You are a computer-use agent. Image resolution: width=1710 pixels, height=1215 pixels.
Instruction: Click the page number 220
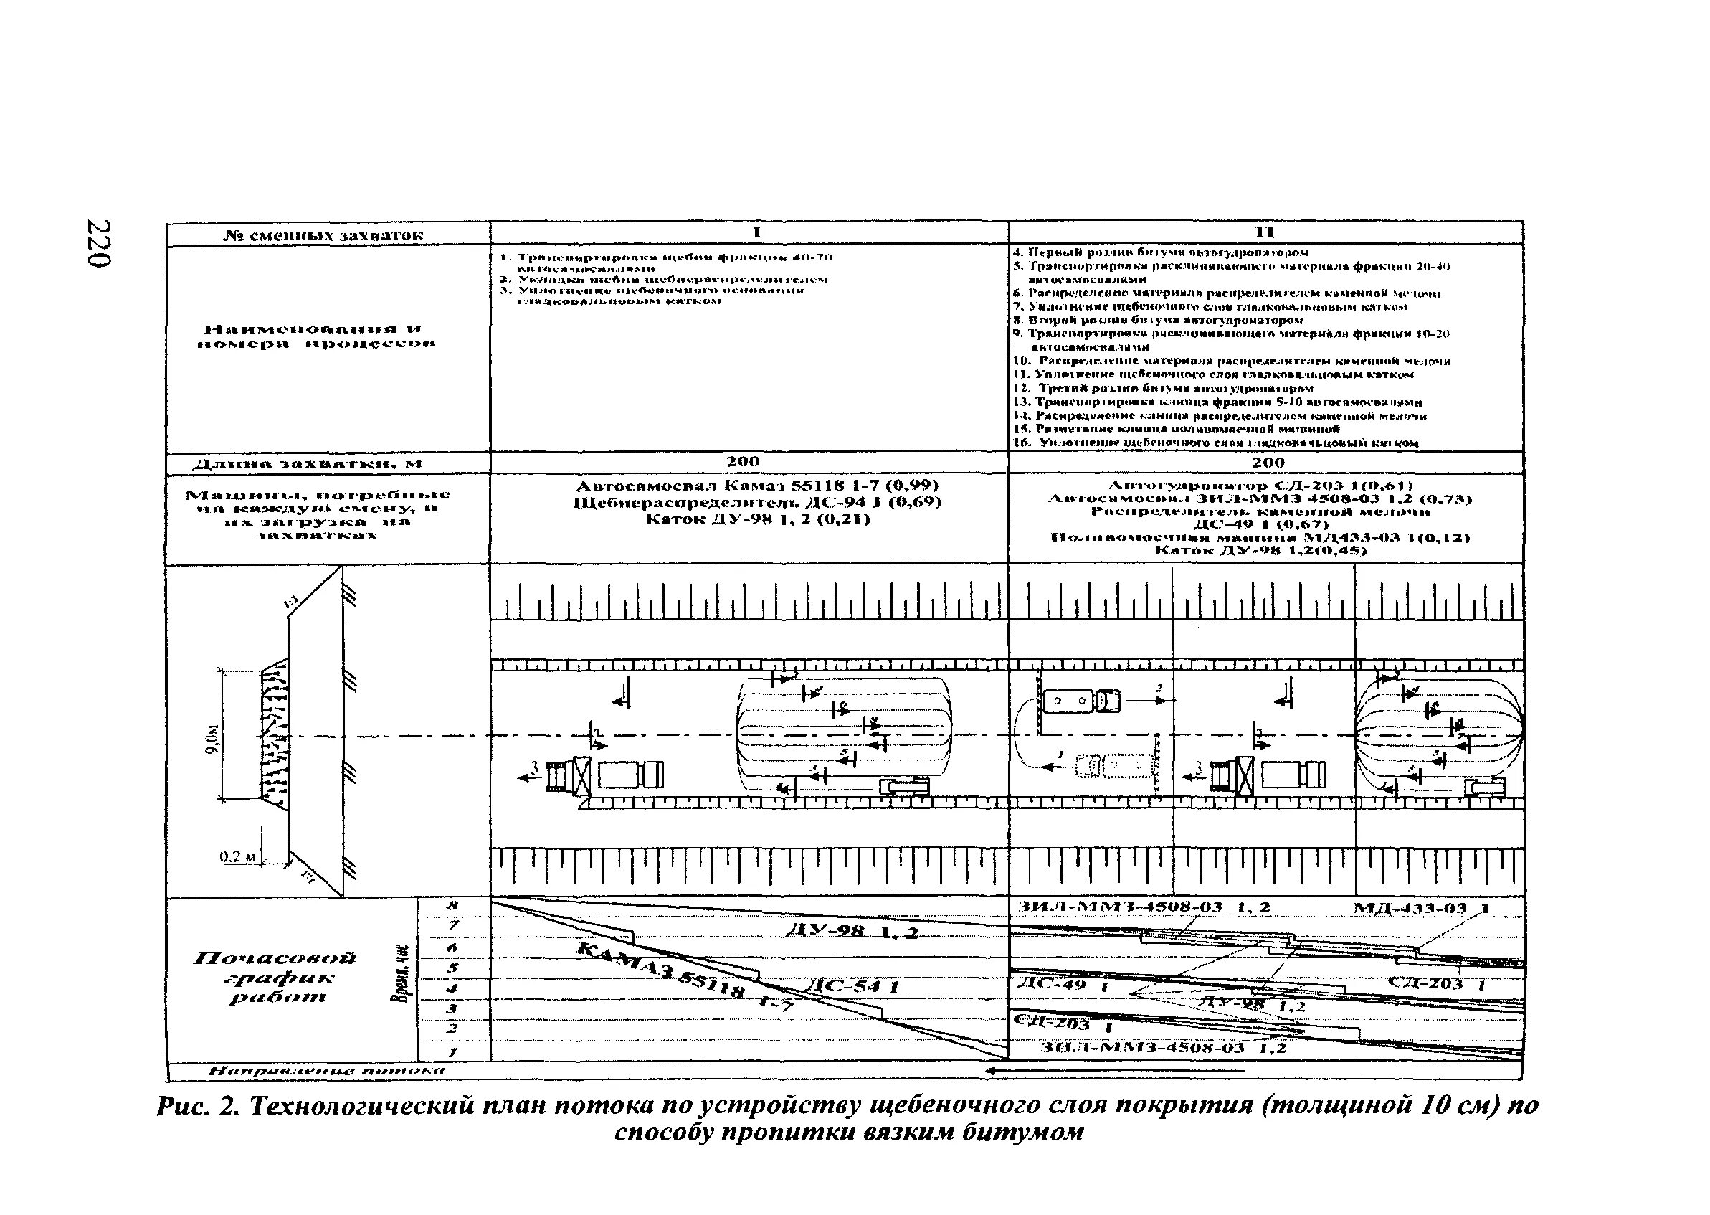99,243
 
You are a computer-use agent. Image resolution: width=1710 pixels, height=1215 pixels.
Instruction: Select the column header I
756,232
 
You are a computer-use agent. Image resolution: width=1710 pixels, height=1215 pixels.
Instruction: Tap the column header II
1265,232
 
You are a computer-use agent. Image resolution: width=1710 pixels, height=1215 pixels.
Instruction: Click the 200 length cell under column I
743,462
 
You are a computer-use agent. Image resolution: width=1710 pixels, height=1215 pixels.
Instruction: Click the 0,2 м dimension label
238,856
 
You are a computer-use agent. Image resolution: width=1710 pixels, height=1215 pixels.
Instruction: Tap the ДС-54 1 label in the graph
853,987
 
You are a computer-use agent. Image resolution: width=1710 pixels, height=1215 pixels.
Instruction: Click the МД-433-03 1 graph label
1421,908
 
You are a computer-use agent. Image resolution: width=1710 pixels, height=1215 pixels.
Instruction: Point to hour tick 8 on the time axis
451,906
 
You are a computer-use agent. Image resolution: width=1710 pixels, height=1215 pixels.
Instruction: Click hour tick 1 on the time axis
451,1052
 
